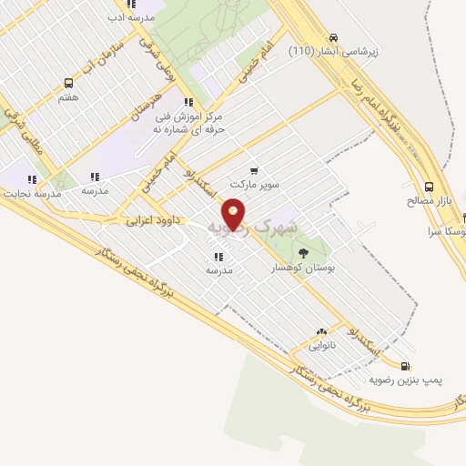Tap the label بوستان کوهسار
point(303,269)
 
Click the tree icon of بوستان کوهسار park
point(303,254)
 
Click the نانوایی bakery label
point(321,347)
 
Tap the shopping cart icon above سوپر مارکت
point(253,169)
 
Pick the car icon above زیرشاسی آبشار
point(334,36)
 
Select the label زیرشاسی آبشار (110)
point(333,51)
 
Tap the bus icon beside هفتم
point(68,82)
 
